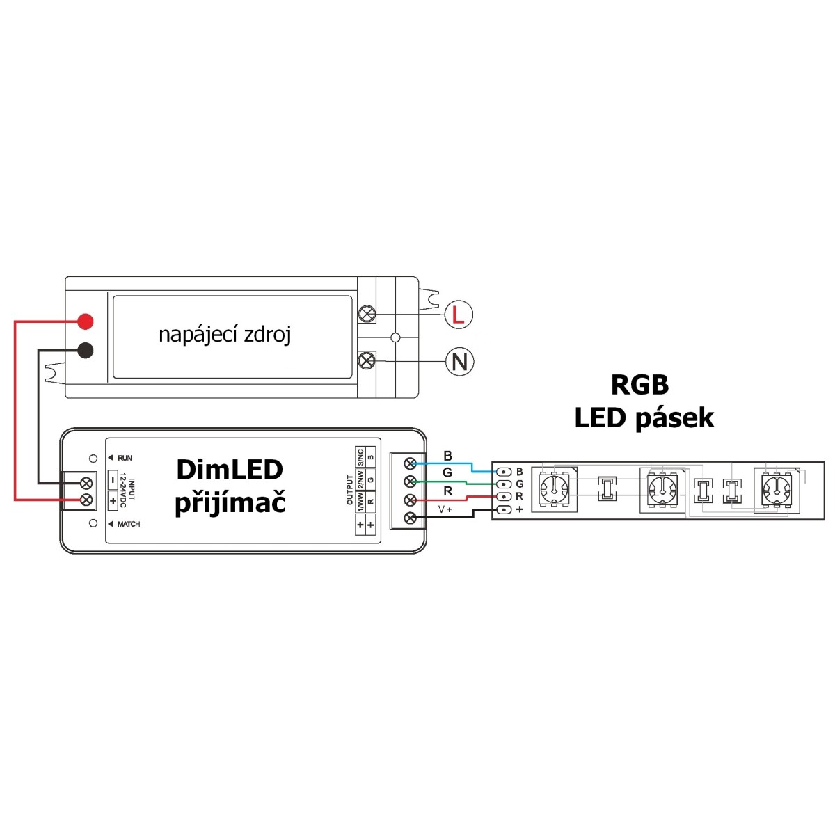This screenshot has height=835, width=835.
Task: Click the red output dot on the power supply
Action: tap(86, 321)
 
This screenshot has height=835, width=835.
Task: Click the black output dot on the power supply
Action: tap(86, 350)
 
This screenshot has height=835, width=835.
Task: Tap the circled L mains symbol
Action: tap(459, 314)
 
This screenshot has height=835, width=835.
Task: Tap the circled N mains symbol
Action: tap(459, 361)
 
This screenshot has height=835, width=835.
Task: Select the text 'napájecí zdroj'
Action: tap(225, 335)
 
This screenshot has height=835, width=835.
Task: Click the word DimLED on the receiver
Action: tap(230, 470)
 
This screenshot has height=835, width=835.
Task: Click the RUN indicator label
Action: tap(125, 458)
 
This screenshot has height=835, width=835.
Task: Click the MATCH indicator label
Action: tap(129, 524)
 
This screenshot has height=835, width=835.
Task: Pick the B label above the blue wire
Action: tap(447, 455)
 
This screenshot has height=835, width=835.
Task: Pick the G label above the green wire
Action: tap(447, 472)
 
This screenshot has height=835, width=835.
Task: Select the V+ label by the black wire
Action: tap(445, 509)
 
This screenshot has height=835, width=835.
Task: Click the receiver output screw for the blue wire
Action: tap(410, 463)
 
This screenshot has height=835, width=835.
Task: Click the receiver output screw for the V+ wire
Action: tap(410, 518)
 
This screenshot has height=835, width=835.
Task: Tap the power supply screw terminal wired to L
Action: tap(367, 314)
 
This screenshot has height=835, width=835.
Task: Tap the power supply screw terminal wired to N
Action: tap(367, 360)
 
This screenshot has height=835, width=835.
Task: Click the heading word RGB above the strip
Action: tap(639, 385)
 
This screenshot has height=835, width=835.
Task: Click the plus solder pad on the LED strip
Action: tap(504, 509)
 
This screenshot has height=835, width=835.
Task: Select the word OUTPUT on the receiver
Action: tap(350, 490)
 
